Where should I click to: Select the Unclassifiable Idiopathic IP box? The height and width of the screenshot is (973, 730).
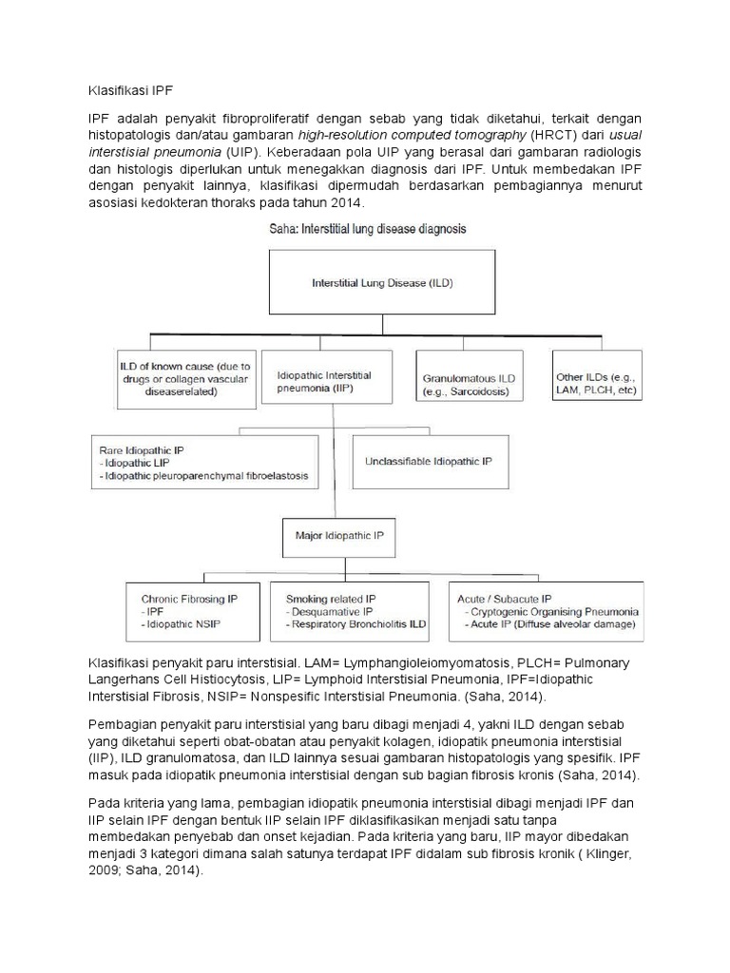[x=428, y=461]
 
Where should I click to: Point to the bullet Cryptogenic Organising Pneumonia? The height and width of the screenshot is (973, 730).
[x=555, y=613]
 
